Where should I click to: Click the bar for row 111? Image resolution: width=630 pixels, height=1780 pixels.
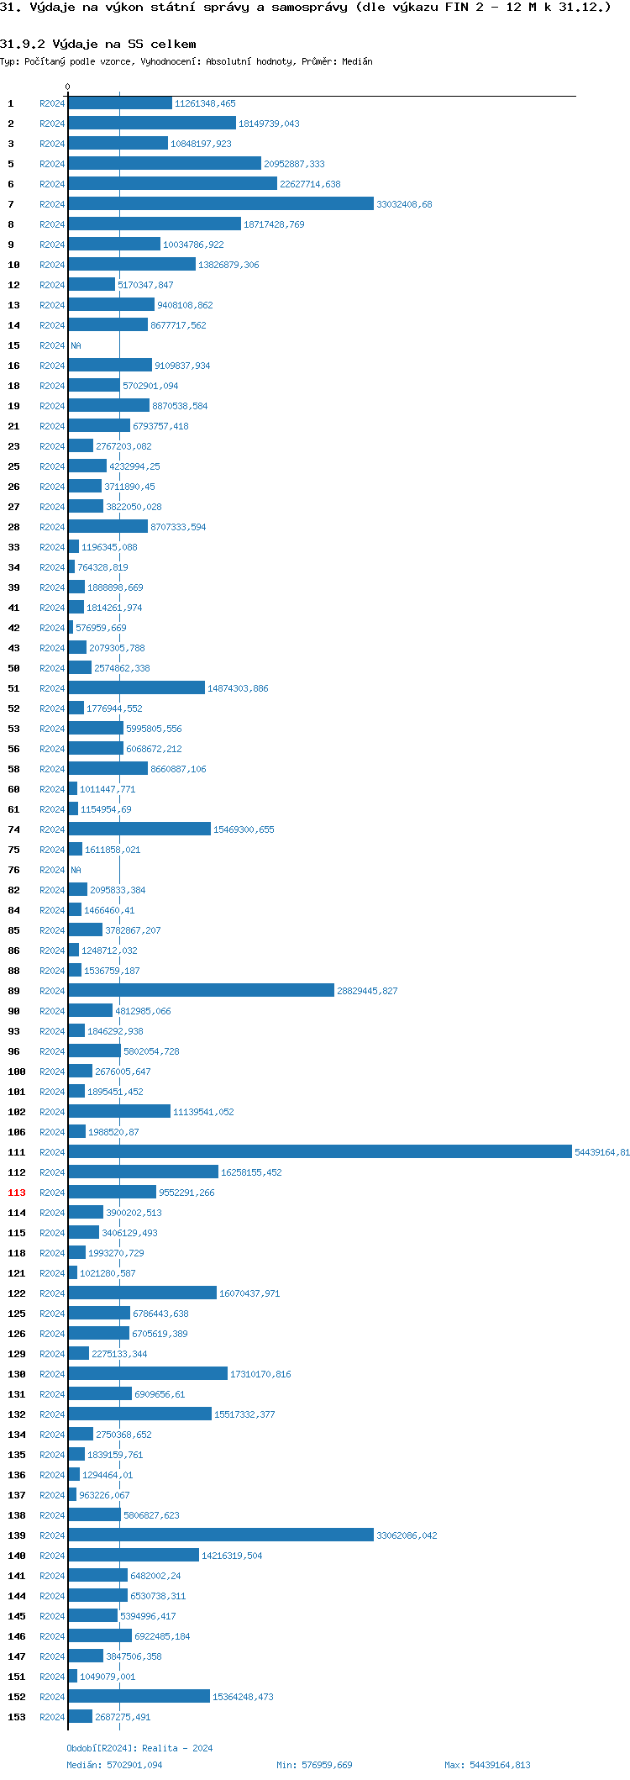(319, 1152)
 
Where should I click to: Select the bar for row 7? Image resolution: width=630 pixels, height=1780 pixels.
(221, 204)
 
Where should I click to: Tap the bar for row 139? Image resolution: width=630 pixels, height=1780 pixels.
(221, 1535)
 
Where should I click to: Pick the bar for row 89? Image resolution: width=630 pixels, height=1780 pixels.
(201, 991)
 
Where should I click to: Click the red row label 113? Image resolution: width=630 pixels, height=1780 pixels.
(17, 1193)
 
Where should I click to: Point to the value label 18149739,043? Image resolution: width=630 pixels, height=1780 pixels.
(269, 124)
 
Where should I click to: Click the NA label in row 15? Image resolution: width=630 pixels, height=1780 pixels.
(76, 345)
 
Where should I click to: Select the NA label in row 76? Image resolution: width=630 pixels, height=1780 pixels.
(76, 870)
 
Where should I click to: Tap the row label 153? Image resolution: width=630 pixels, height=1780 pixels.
(17, 1717)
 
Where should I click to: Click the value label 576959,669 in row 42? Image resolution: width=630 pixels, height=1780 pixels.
(101, 628)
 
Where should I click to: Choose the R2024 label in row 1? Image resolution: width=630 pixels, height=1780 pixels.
(52, 103)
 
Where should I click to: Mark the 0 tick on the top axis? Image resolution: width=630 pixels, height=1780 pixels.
(68, 87)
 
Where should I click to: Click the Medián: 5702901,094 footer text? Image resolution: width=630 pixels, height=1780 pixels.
(114, 1765)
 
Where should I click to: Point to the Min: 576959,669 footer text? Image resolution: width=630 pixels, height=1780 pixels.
(314, 1765)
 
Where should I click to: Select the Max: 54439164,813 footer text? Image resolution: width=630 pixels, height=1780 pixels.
(487, 1765)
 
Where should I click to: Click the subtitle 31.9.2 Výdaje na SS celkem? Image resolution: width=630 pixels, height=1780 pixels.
(98, 44)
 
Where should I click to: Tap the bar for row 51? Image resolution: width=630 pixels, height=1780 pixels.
(136, 688)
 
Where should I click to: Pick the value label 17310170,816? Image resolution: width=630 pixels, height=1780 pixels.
(260, 1374)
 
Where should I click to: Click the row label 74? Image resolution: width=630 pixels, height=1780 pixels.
(13, 829)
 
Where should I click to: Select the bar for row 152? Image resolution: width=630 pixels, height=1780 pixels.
(139, 1697)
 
